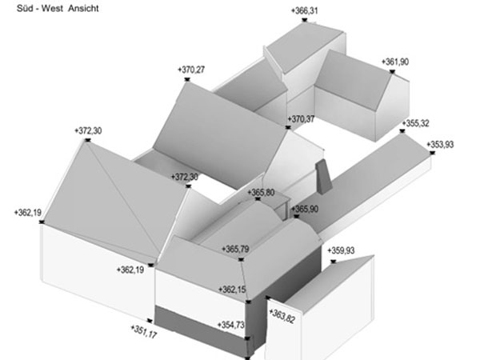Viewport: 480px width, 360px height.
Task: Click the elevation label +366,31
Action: [304, 10]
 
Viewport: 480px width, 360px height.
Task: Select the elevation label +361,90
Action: [395, 62]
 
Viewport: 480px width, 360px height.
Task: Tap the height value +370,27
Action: [191, 70]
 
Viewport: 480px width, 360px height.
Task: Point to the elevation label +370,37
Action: [301, 119]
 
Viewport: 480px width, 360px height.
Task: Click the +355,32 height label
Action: [415, 123]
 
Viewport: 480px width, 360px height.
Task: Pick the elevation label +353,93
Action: [440, 144]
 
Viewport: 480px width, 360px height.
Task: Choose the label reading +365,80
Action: [261, 193]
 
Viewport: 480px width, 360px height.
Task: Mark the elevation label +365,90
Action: [305, 210]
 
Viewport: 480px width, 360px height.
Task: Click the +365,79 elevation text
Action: [235, 249]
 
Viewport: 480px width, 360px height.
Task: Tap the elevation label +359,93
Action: [341, 250]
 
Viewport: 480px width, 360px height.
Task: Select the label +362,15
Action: [232, 290]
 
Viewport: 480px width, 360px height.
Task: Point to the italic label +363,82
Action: [282, 316]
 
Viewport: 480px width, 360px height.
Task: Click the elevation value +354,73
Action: [231, 325]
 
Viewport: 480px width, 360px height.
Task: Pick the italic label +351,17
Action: [143, 332]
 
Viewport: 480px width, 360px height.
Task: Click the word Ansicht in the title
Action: [83, 8]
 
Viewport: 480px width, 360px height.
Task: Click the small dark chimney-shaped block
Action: [324, 177]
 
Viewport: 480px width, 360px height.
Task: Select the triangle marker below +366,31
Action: [304, 20]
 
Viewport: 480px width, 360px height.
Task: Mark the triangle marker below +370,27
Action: [187, 79]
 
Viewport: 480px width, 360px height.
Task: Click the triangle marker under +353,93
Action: [432, 153]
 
